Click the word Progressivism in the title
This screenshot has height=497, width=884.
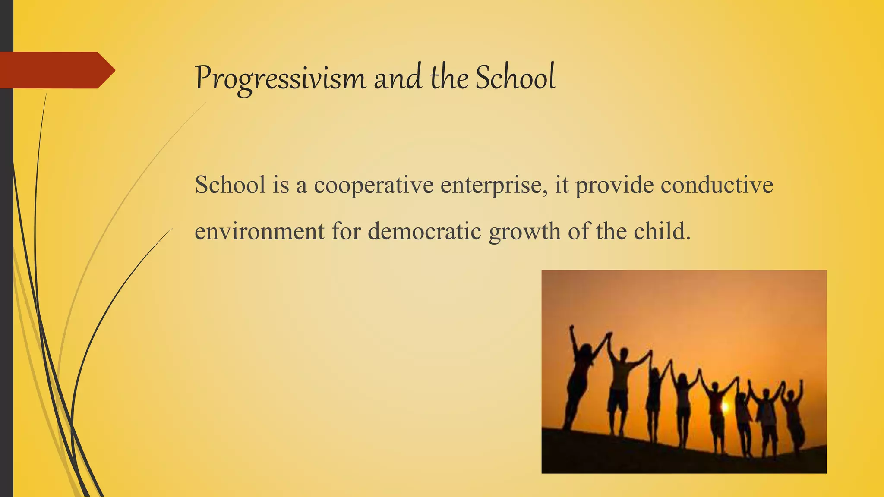[x=280, y=79]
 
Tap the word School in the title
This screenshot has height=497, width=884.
[x=515, y=78]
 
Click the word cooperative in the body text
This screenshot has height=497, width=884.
[x=373, y=186]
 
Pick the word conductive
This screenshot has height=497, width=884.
[x=717, y=185]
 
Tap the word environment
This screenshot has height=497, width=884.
[x=259, y=231]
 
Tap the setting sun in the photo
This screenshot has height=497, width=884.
[x=724, y=406]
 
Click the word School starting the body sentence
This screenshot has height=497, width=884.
[x=230, y=185]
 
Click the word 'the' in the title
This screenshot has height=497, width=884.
[x=449, y=79]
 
